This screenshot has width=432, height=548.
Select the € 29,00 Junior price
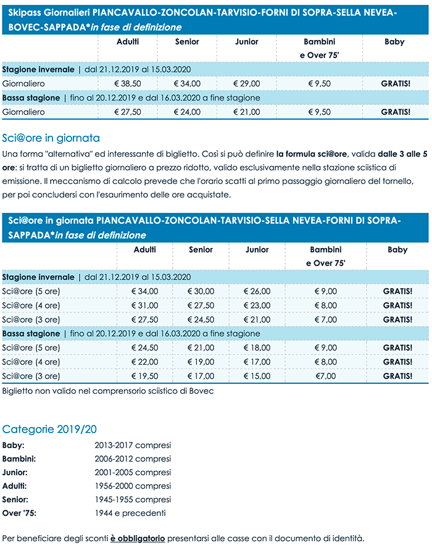[247, 83]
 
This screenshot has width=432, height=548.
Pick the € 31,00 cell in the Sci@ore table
[145, 305]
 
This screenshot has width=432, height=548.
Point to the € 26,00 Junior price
[257, 291]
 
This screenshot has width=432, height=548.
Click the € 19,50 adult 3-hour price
[145, 376]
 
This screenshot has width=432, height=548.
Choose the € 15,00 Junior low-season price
[257, 376]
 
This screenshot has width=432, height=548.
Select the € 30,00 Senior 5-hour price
[201, 291]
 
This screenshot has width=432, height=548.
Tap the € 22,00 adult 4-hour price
[145, 362]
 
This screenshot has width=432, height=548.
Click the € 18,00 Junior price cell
[257, 347]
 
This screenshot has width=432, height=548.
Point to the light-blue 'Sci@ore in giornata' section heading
[51, 138]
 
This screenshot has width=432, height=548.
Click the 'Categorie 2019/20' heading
[49, 429]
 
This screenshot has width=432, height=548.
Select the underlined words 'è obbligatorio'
[138, 538]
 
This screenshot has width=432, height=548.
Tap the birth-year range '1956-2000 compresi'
[133, 486]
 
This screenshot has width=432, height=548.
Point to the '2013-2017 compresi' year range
[133, 445]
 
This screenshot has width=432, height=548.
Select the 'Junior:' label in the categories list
[15, 472]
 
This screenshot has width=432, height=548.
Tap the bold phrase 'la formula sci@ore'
[312, 154]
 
